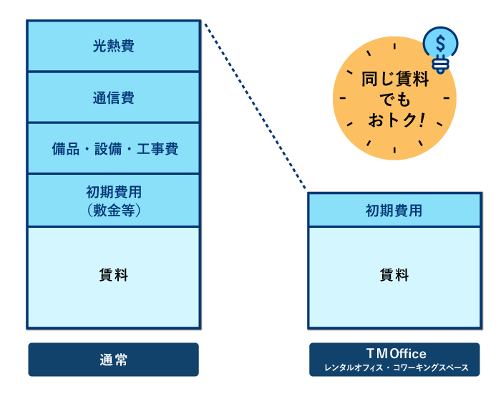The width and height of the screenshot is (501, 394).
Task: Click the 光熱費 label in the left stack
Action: tap(113, 47)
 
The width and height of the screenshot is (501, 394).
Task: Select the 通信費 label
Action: tap(113, 97)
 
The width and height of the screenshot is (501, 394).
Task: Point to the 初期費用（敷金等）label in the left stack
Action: tap(113, 201)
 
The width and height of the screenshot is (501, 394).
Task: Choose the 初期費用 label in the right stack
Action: tap(394, 211)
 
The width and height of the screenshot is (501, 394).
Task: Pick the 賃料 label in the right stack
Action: tap(394, 275)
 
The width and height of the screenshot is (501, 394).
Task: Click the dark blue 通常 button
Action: tap(113, 360)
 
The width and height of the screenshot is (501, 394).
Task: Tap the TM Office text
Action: tap(396, 354)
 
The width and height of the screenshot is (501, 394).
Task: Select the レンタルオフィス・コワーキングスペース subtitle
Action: tap(396, 368)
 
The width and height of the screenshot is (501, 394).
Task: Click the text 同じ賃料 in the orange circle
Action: tap(395, 80)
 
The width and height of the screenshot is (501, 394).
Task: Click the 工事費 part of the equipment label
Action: tap(157, 149)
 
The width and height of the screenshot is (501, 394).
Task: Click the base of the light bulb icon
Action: tap(441, 65)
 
